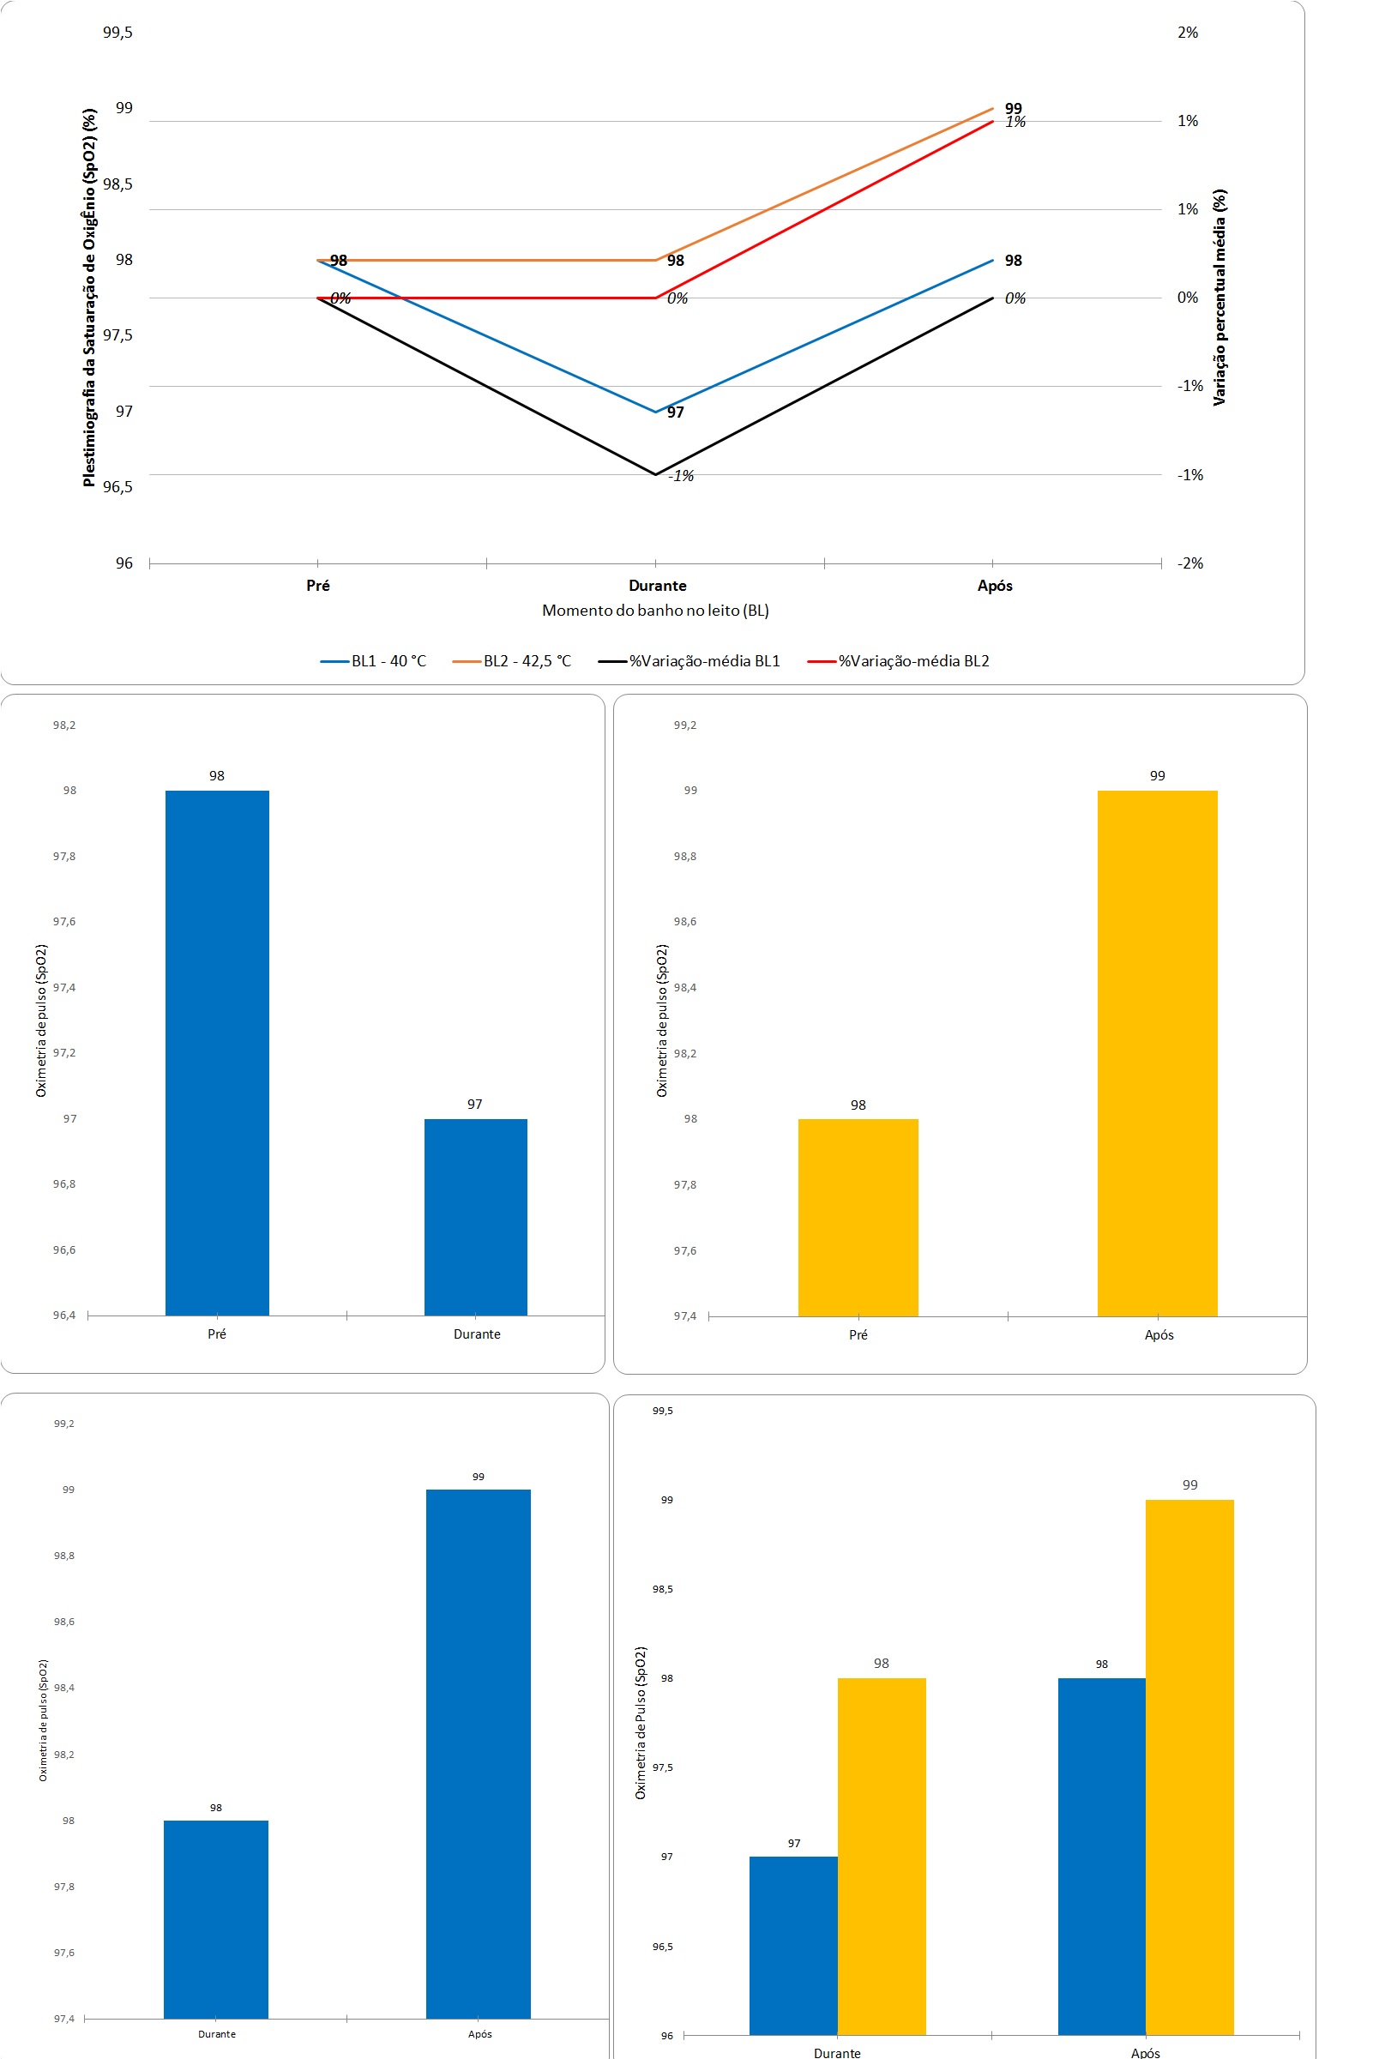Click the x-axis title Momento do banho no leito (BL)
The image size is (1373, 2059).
[655, 611]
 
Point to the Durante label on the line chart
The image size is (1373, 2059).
[657, 586]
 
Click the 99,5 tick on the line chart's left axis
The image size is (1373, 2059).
[117, 33]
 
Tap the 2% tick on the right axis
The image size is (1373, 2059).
[1188, 33]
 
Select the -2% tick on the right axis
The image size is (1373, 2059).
[1189, 563]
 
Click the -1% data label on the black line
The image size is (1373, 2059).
[680, 476]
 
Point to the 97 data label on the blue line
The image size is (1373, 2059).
[675, 412]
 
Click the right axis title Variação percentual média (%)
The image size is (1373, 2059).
[1219, 298]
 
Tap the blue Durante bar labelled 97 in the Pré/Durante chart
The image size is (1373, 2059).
[475, 1217]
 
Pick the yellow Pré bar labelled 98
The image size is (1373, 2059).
[858, 1217]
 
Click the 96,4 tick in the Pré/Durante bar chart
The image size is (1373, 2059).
[64, 1315]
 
